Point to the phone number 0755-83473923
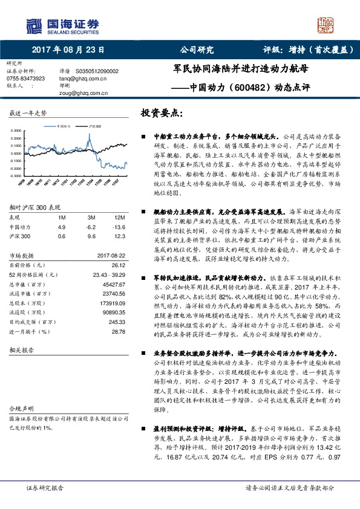[25, 79]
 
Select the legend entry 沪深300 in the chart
[94, 126]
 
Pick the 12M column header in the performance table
[119, 217]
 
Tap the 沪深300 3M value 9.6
[91, 236]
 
